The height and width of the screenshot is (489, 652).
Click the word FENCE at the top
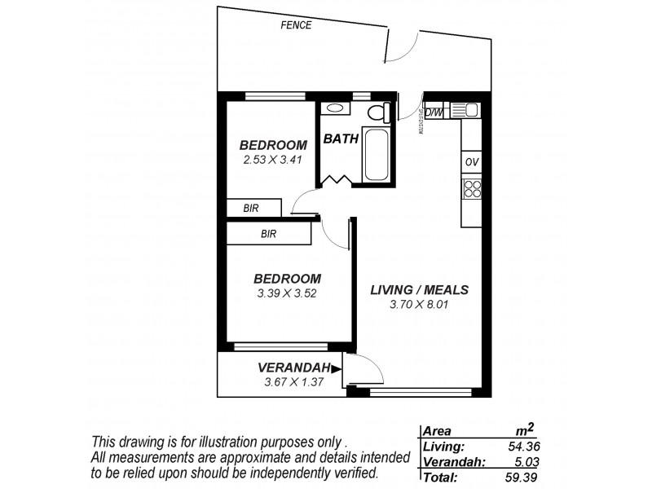coord(296,25)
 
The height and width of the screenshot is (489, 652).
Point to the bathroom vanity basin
coord(335,108)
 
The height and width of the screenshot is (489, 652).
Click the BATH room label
coord(341,139)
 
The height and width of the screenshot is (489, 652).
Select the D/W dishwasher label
coord(434,112)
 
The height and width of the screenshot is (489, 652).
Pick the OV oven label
coord(471,162)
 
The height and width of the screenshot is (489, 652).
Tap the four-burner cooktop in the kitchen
coord(472,189)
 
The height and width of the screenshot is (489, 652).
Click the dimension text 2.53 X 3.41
coord(272,160)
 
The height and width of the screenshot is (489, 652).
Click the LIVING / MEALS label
coord(419,290)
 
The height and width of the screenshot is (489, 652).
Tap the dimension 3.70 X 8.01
coord(420,306)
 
